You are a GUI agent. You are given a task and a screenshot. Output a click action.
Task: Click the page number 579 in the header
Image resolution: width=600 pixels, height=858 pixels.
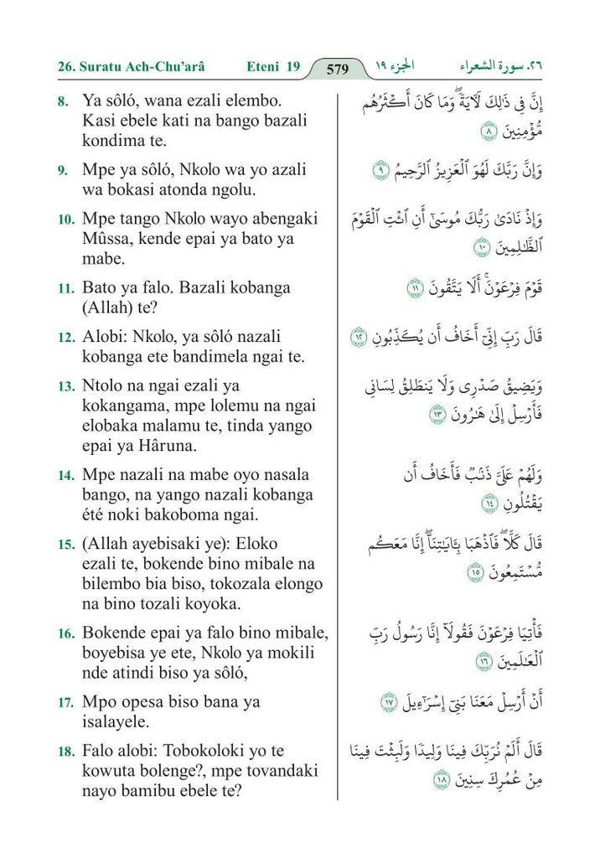pos(337,69)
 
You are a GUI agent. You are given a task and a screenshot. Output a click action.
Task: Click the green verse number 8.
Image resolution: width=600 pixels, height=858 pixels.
pos(63,101)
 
